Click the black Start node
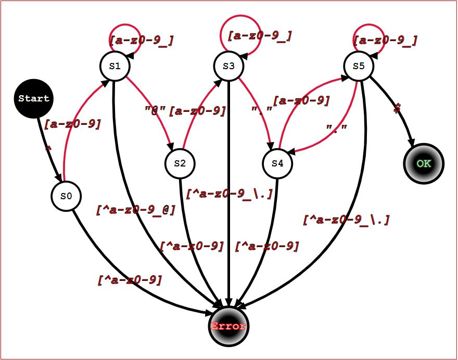point(34,98)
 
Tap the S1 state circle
point(115,66)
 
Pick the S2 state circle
point(180,163)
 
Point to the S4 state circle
point(277,163)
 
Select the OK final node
point(424,163)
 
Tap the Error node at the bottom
point(228,326)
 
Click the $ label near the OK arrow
point(397,108)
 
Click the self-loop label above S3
point(259,36)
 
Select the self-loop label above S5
point(385,40)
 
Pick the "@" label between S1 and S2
point(155,110)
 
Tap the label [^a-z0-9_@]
point(136,210)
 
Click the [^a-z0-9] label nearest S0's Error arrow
point(130,279)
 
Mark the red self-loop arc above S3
point(229,23)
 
